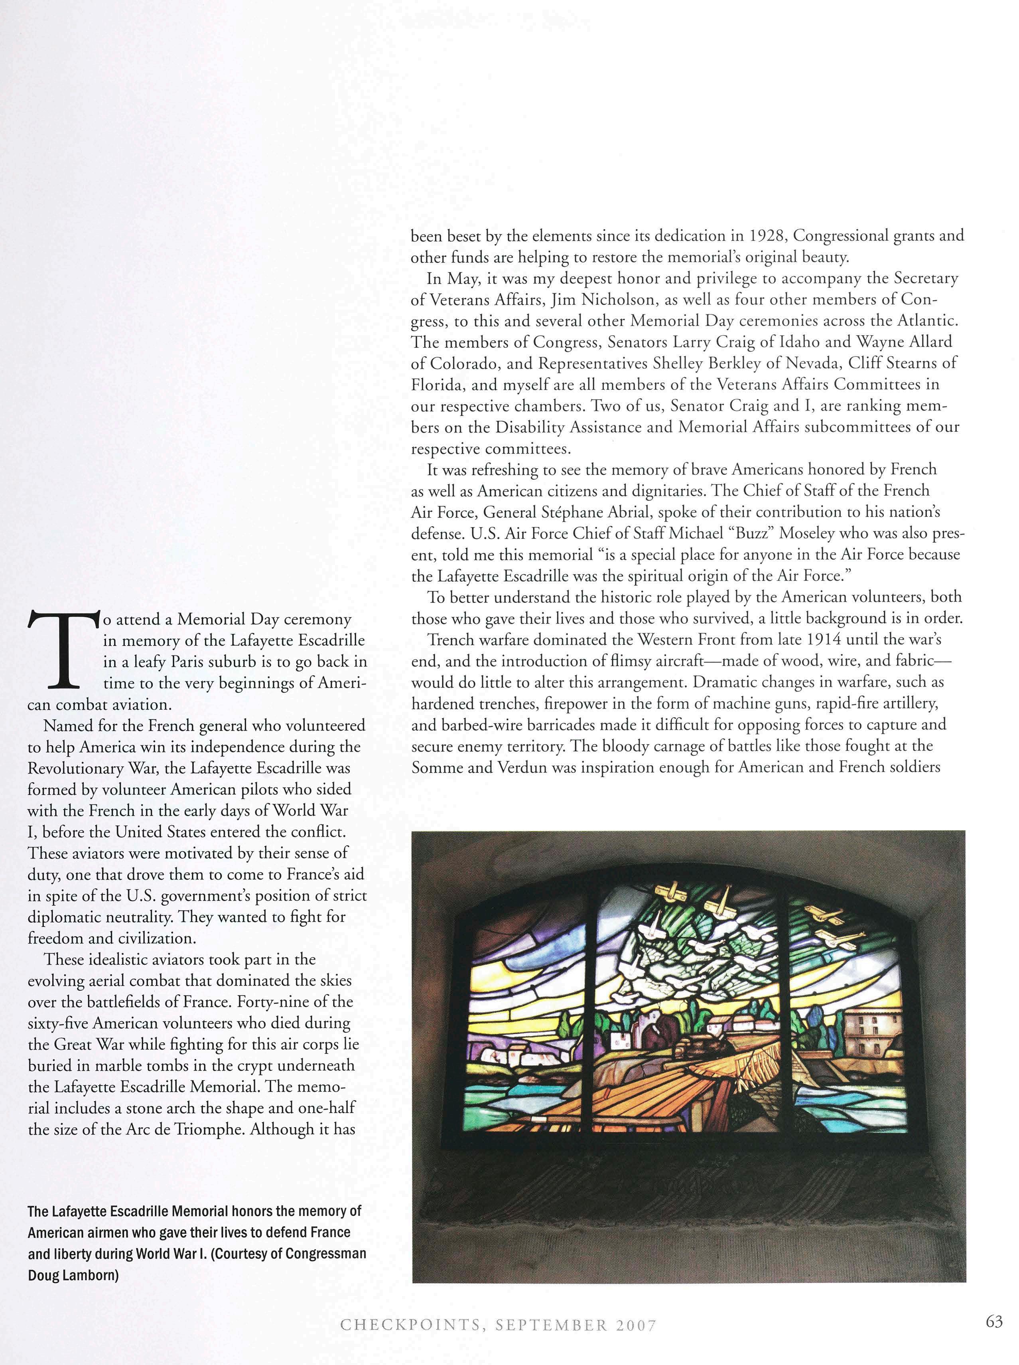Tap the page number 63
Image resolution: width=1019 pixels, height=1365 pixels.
coord(994,1321)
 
